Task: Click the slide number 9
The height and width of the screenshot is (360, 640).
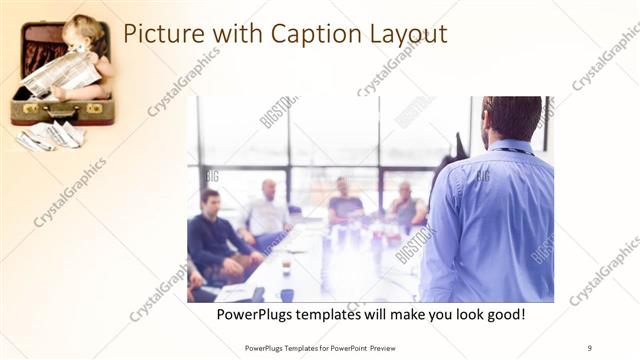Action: click(589, 347)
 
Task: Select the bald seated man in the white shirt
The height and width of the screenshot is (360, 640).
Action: click(267, 211)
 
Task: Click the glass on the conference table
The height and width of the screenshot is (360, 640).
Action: click(286, 265)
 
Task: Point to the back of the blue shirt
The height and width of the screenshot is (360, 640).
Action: click(490, 225)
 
